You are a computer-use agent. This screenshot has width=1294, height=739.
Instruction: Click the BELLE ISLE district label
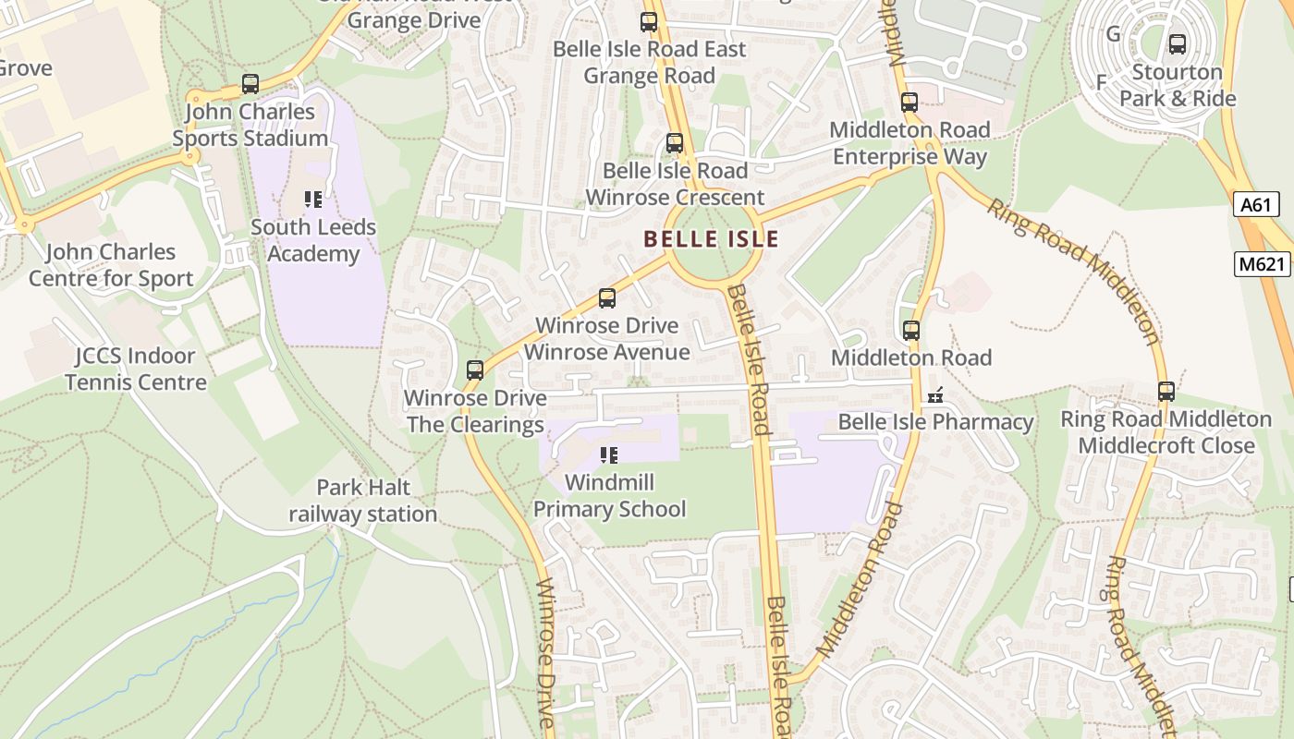(x=711, y=239)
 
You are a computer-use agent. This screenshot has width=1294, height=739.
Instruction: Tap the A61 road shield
(x=1256, y=205)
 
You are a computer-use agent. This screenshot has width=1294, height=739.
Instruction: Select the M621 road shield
(x=1262, y=264)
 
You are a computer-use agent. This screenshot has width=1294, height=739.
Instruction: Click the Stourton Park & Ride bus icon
(x=1177, y=43)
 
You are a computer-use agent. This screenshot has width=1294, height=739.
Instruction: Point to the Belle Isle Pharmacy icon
(x=935, y=395)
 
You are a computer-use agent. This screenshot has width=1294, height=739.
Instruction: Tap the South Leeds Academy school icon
(x=312, y=200)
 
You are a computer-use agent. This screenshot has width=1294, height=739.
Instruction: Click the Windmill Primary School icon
(x=608, y=454)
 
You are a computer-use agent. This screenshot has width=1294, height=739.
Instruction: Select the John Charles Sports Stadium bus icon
(x=250, y=84)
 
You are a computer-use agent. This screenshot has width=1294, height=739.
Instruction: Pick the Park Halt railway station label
(x=362, y=501)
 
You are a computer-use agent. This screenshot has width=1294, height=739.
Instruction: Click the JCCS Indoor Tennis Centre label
(x=135, y=369)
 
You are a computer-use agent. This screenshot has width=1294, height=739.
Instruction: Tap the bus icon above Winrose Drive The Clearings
(x=475, y=370)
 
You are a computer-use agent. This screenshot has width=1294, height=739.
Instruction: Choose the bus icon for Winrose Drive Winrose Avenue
(x=606, y=298)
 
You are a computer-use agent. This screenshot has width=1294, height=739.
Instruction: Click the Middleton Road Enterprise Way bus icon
(x=909, y=103)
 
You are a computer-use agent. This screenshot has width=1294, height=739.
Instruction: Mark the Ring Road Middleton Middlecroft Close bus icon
(x=1166, y=392)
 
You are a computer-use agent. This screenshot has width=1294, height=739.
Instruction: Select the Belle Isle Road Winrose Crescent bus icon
(x=675, y=143)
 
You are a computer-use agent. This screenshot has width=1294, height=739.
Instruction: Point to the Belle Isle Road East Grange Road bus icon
(x=649, y=22)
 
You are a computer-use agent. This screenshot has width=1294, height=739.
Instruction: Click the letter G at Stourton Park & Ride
(x=1113, y=34)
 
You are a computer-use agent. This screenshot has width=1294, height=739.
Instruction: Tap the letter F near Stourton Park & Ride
(x=1101, y=82)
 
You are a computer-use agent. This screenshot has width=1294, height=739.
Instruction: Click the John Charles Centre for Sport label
(x=110, y=265)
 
